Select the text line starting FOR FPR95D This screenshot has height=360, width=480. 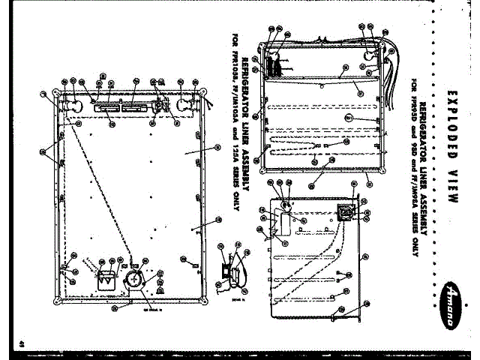(x=413, y=165)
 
